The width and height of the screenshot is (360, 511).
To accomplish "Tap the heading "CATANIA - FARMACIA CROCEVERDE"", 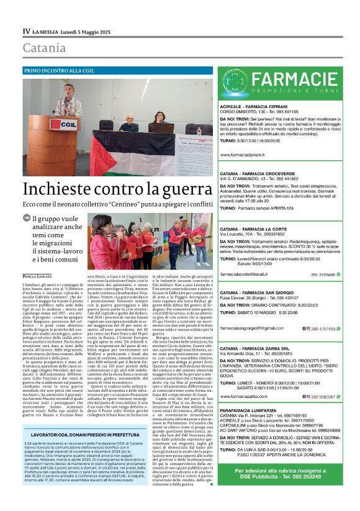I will (263, 171).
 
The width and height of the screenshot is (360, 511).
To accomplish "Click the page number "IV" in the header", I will (27, 30).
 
